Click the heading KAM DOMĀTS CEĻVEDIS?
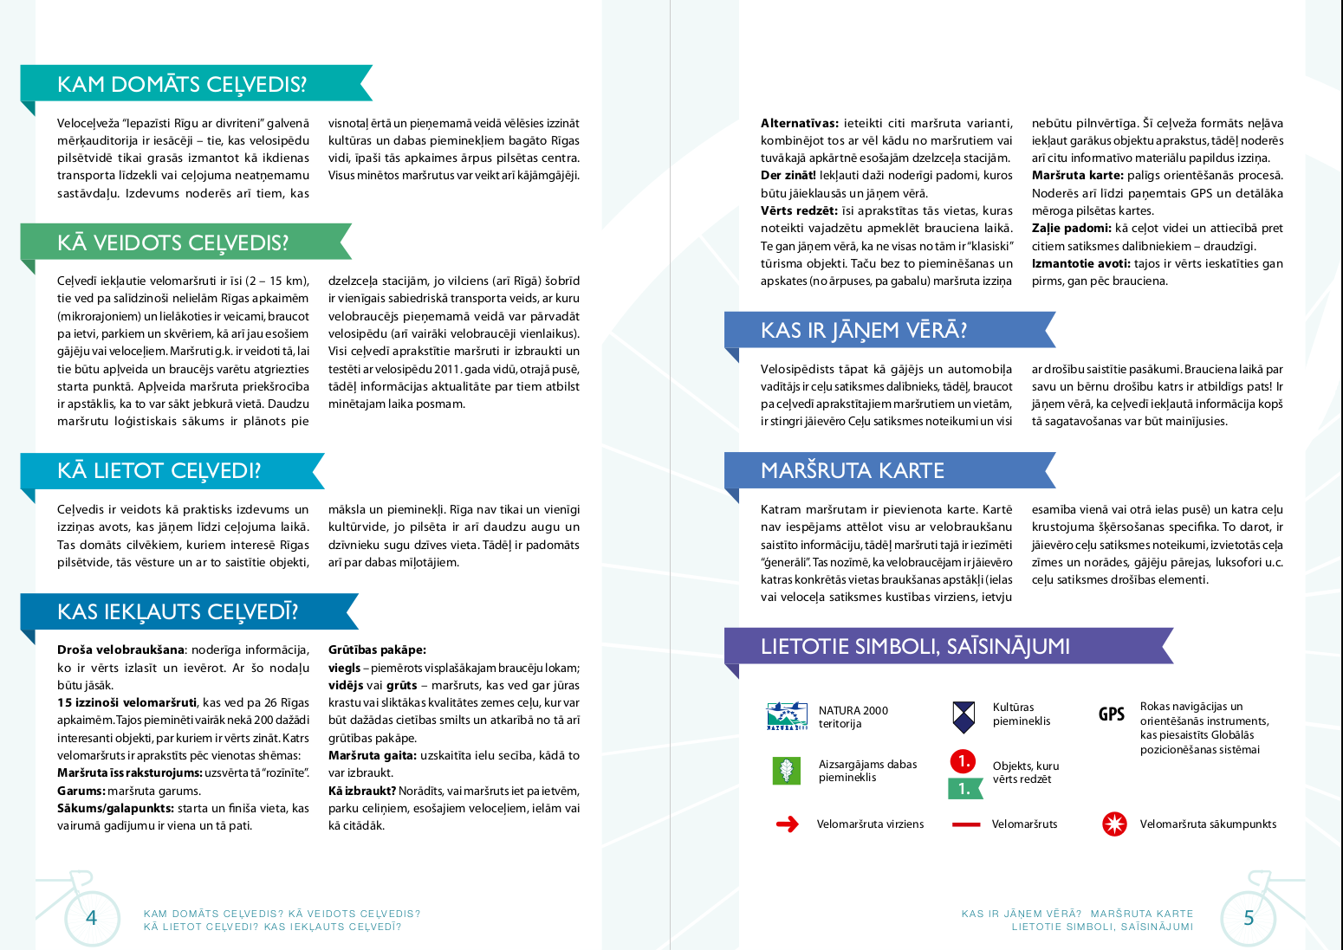point(182,84)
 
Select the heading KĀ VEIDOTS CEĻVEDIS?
point(173,242)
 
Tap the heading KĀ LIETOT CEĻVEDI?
point(159,470)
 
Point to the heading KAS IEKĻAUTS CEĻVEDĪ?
point(178,611)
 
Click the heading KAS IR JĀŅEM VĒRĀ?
point(863,330)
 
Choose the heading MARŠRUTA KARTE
point(853,470)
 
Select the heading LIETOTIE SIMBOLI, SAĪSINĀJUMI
point(915,646)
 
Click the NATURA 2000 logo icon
point(787,716)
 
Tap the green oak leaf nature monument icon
point(786,770)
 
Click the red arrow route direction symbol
point(788,824)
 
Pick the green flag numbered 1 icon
point(964,788)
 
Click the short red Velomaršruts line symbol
point(965,824)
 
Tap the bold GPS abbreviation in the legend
point(1112,714)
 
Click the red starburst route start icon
point(1114,824)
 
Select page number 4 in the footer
point(92,918)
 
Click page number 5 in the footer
point(1249,918)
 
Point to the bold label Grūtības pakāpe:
point(377,649)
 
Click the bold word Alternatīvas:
point(799,123)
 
